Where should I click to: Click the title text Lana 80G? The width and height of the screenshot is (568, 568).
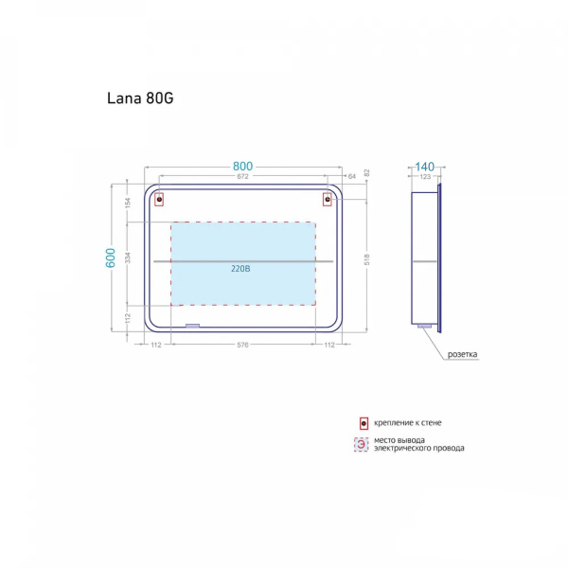click(x=140, y=98)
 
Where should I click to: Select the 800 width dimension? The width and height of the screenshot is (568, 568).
click(x=242, y=167)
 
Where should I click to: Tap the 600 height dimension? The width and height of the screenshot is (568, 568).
click(x=110, y=257)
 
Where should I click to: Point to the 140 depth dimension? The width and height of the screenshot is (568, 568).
click(x=424, y=167)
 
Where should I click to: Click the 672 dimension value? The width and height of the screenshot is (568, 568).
click(x=242, y=176)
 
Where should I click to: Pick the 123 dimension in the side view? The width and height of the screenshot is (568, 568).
click(x=425, y=177)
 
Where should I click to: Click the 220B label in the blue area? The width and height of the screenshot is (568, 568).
click(x=240, y=269)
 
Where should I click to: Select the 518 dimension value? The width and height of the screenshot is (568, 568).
click(x=367, y=259)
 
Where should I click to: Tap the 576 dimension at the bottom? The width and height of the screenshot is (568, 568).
click(x=242, y=345)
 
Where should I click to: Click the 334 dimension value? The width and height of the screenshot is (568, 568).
click(x=128, y=257)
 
